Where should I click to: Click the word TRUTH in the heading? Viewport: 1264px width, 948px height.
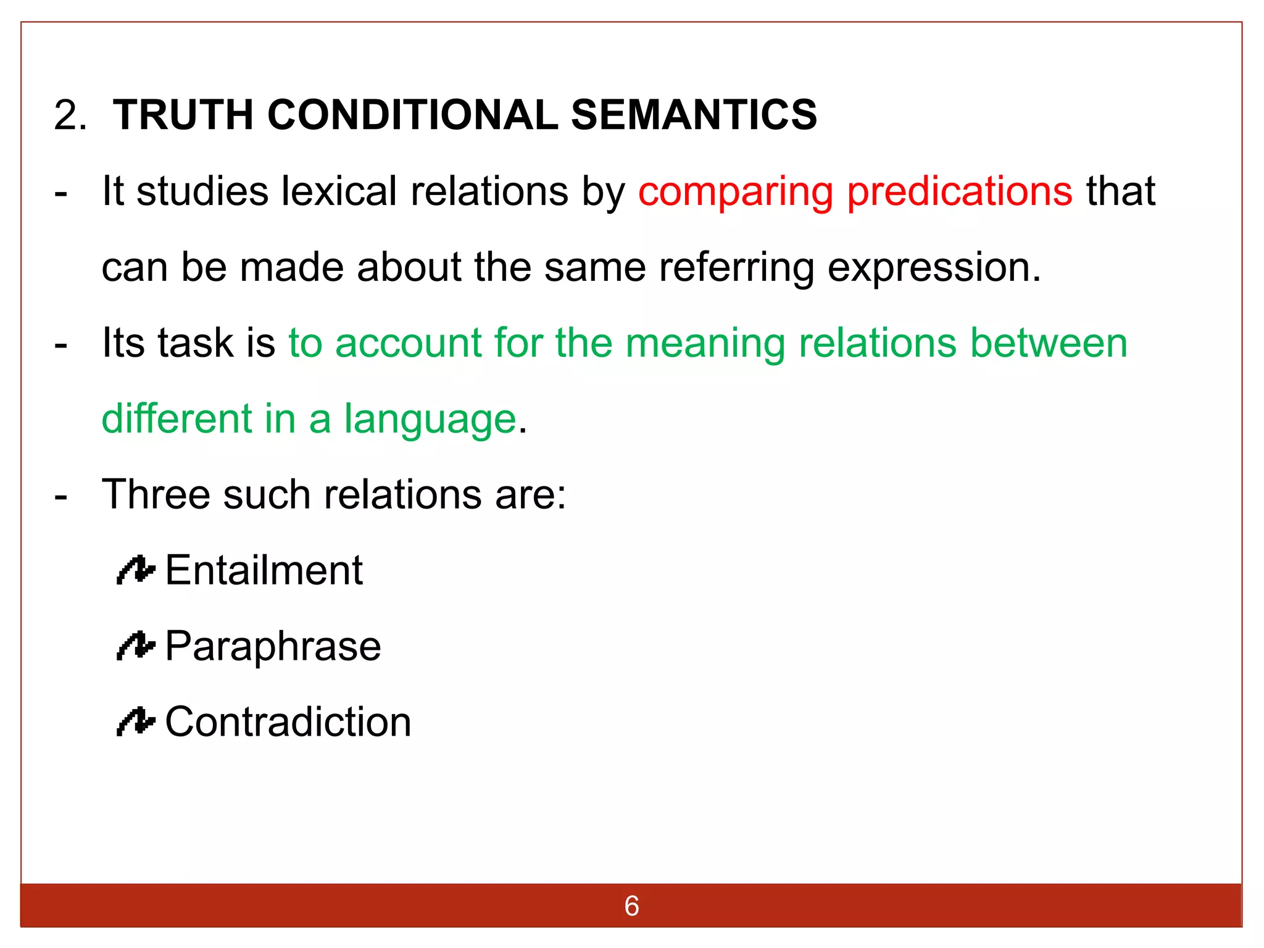pos(183,115)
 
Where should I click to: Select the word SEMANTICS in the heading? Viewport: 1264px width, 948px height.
pos(694,115)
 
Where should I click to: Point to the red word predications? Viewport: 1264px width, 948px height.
pos(960,191)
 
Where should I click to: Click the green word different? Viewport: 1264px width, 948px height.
pos(177,419)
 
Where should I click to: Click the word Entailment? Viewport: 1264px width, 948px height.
pos(264,570)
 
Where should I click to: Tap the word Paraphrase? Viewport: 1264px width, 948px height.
pos(273,647)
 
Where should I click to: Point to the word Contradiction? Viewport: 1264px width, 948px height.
pos(288,722)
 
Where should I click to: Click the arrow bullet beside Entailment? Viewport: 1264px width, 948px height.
pos(135,570)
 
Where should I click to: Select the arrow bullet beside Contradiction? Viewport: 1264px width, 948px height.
pos(135,722)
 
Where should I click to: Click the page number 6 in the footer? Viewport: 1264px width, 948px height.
pos(631,906)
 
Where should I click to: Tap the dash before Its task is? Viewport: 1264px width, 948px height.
pos(60,344)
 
